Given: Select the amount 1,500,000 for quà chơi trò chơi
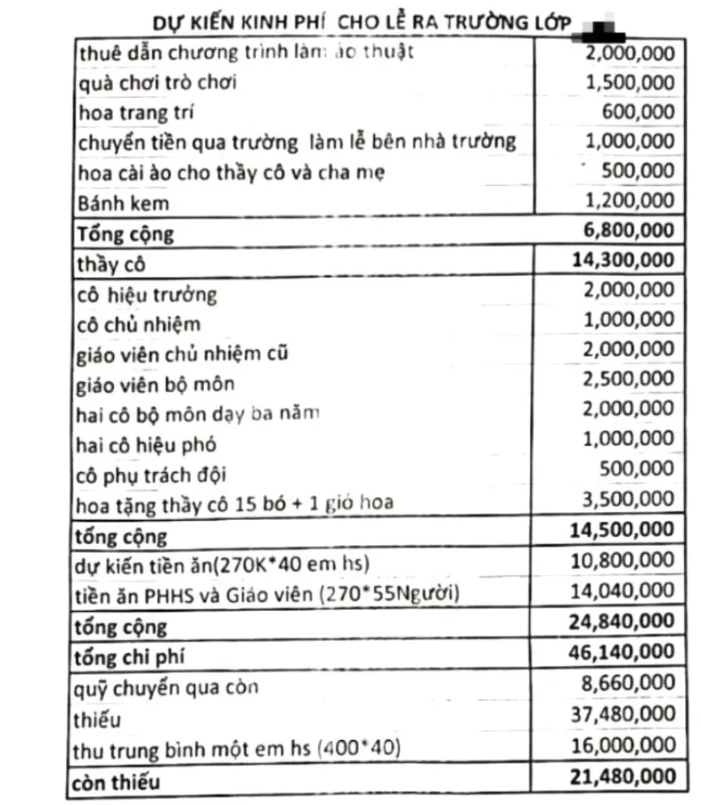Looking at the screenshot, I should coord(631,83).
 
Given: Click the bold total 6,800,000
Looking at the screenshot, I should coord(629,232).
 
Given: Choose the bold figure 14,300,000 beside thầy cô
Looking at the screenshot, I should coord(622,261).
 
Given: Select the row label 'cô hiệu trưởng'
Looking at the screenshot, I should coord(148,293).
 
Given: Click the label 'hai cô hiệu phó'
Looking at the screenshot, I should coord(148,443).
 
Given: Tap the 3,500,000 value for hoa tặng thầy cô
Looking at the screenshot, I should coord(631,501).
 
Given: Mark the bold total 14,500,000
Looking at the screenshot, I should coord(622,531).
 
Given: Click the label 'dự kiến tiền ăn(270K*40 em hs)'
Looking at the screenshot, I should coord(224,564).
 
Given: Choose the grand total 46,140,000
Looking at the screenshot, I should coord(622,653).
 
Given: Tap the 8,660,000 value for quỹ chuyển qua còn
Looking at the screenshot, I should coord(631,685).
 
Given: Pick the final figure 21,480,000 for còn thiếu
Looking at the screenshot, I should coord(622,777).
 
